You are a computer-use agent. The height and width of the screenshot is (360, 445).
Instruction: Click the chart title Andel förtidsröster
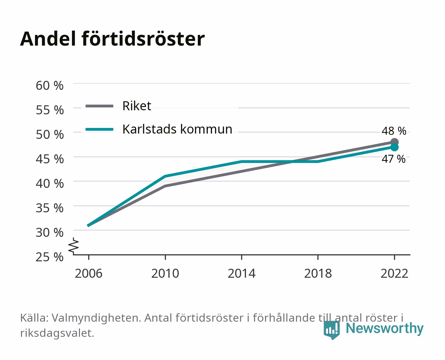[x=112, y=39]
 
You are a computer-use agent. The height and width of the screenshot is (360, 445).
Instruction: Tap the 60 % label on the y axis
[x=50, y=86]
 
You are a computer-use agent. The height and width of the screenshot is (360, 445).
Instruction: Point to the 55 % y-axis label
[x=50, y=110]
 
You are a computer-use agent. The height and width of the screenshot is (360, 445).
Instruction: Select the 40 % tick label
[x=50, y=184]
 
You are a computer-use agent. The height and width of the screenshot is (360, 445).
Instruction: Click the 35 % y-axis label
[x=50, y=208]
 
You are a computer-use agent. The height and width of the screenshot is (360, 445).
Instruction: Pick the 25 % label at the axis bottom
[x=50, y=257]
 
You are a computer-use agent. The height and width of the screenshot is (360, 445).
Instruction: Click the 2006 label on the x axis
[x=89, y=273]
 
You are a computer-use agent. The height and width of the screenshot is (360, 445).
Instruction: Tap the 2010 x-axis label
[x=165, y=273]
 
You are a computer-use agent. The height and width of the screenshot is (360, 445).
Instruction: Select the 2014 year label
[x=241, y=273]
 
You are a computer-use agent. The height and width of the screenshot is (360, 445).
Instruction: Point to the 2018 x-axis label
[x=318, y=273]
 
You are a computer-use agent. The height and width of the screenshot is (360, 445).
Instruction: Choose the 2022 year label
[x=394, y=273]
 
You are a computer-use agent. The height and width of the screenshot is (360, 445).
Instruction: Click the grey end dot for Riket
[x=394, y=142]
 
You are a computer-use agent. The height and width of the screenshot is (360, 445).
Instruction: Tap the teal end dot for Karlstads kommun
[x=394, y=147]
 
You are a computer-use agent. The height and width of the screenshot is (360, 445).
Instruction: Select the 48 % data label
[x=394, y=131]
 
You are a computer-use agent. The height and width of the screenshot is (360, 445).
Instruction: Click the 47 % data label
[x=394, y=159]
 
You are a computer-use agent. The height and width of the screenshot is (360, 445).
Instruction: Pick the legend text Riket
[x=137, y=106]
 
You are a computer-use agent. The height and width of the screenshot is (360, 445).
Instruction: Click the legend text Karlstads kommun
[x=178, y=129]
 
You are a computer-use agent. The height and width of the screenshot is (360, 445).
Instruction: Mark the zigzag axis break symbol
[x=74, y=246]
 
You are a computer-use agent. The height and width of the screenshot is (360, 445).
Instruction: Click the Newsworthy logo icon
[x=332, y=330]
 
